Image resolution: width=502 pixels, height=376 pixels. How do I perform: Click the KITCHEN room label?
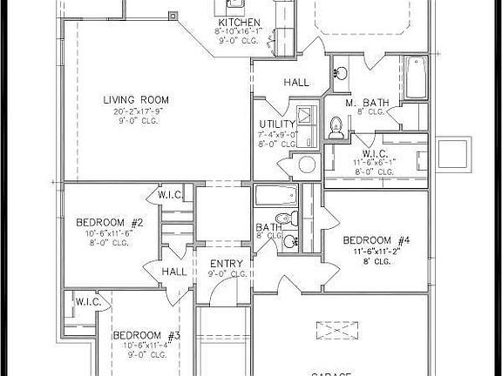click(x=239, y=22)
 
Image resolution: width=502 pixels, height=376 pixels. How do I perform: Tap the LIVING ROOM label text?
click(x=135, y=99)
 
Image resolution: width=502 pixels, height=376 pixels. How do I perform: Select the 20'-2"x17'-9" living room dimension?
click(x=135, y=111)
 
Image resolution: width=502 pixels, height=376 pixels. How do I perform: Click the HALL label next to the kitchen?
click(x=295, y=83)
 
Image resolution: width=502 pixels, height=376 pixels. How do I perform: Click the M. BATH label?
click(x=365, y=103)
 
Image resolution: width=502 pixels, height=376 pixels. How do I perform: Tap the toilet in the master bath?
click(x=336, y=128)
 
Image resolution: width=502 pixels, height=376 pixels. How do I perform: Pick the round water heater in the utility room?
click(x=306, y=164)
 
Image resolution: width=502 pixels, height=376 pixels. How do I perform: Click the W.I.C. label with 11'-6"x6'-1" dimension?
click(x=376, y=153)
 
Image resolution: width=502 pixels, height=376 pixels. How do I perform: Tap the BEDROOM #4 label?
click(x=376, y=239)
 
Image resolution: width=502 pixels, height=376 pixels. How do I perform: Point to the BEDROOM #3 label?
click(x=146, y=336)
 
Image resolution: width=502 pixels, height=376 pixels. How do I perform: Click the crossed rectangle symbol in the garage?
click(x=338, y=332)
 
